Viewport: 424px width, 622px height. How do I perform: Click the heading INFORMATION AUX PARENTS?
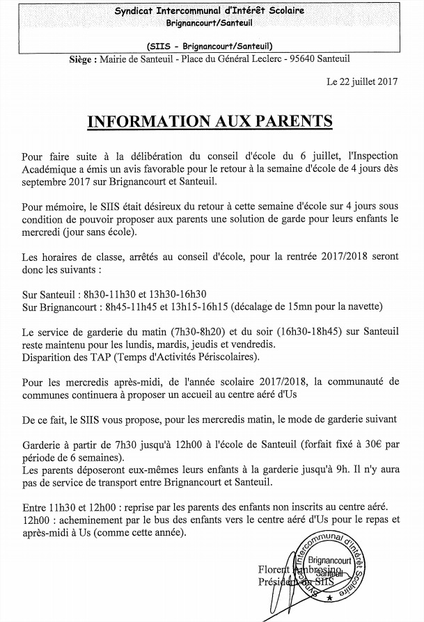click(x=210, y=122)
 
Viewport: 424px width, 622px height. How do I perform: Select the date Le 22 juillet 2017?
click(x=362, y=81)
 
